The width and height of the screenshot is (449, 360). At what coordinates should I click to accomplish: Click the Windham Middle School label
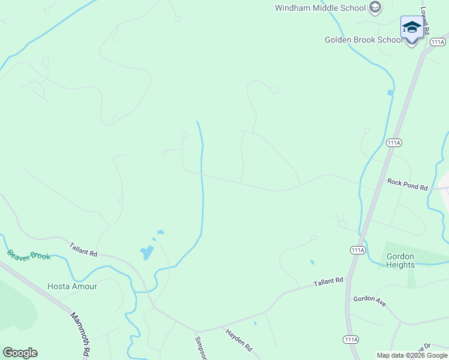pyautogui.click(x=320, y=8)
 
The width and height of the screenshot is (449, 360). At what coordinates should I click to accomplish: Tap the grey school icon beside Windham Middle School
pyautogui.click(x=375, y=8)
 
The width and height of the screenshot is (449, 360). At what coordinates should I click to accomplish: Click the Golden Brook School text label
pyautogui.click(x=364, y=40)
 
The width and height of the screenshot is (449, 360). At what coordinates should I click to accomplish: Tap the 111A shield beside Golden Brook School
pyautogui.click(x=438, y=42)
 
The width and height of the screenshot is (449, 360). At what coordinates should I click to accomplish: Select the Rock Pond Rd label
pyautogui.click(x=407, y=184)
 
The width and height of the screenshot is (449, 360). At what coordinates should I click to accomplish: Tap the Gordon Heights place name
pyautogui.click(x=400, y=260)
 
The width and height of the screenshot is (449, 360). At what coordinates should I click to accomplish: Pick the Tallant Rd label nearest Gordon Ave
pyautogui.click(x=328, y=281)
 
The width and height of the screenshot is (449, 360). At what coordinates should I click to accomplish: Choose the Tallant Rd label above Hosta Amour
pyautogui.click(x=83, y=249)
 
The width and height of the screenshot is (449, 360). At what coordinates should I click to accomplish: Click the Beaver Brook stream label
pyautogui.click(x=29, y=255)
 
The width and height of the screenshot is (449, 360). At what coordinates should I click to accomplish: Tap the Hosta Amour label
pyautogui.click(x=72, y=286)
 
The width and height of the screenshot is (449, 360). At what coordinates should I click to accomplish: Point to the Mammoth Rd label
pyautogui.click(x=79, y=333)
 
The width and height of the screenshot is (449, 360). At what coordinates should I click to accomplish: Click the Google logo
pyautogui.click(x=20, y=353)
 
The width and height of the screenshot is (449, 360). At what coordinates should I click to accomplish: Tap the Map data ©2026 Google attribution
pyautogui.click(x=412, y=355)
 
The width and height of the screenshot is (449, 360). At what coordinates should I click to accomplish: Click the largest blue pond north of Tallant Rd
pyautogui.click(x=146, y=253)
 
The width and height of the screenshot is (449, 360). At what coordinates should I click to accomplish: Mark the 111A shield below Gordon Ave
pyautogui.click(x=351, y=340)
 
